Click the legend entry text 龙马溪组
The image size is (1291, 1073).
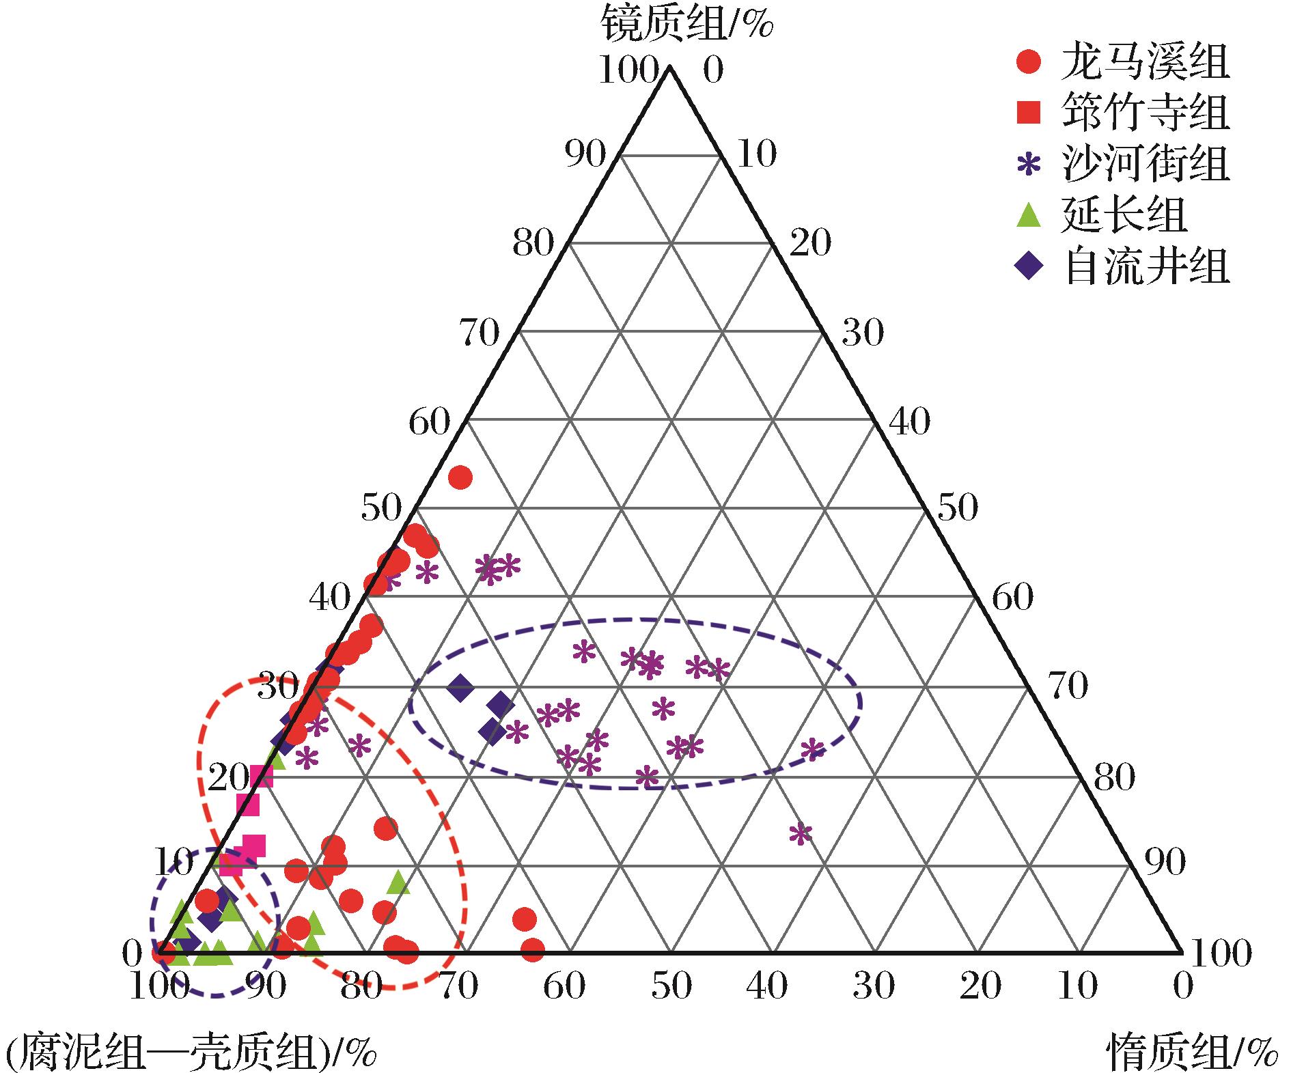1145,64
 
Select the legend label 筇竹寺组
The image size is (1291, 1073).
1145,113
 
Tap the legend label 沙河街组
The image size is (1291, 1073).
1145,164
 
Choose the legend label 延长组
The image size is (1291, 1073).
1124,215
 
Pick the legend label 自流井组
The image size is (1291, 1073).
1145,266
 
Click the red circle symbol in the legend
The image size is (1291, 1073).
1029,62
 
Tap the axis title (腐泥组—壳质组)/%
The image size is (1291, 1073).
191,1053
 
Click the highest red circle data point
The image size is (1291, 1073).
460,477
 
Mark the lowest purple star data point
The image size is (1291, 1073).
800,833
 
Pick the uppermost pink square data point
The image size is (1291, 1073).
261,777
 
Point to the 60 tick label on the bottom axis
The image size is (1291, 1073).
565,986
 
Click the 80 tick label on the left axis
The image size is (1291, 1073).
532,243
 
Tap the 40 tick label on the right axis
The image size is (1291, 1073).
909,421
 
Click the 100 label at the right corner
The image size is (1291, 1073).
1221,952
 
